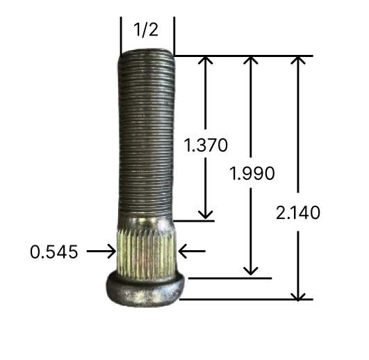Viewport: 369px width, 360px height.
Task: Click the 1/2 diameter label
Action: tap(146, 30)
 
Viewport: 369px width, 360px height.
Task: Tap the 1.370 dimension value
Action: tap(206, 145)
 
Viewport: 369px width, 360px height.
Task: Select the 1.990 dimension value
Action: tap(252, 173)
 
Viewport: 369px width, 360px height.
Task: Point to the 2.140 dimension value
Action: tap(298, 213)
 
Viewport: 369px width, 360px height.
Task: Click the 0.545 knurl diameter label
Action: tap(54, 252)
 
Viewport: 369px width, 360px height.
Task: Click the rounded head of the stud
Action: tap(145, 289)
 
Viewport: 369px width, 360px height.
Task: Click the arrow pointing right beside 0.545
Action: tap(101, 252)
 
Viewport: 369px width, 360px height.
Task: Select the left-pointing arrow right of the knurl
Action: tap(192, 252)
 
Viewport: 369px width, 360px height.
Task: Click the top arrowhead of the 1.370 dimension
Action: tap(206, 60)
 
